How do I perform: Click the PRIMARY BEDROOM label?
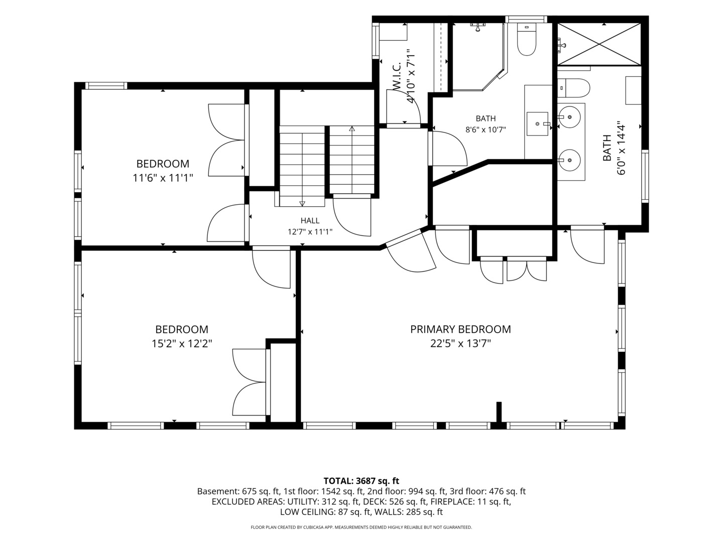pyautogui.click(x=460, y=329)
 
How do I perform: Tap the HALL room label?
pyautogui.click(x=310, y=220)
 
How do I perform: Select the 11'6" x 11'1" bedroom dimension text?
pyautogui.click(x=163, y=178)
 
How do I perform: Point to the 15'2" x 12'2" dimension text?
pyautogui.click(x=182, y=344)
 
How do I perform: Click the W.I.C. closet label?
pyautogui.click(x=396, y=76)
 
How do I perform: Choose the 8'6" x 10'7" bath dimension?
pyautogui.click(x=486, y=129)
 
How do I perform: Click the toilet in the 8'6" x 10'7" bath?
pyautogui.click(x=526, y=40)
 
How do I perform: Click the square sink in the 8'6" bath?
pyautogui.click(x=538, y=124)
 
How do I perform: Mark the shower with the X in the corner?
pyautogui.click(x=599, y=44)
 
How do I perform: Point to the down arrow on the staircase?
pyautogui.click(x=302, y=203)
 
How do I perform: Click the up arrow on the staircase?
pyautogui.click(x=352, y=128)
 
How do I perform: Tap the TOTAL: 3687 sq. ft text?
pyautogui.click(x=361, y=481)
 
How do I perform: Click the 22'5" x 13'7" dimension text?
pyautogui.click(x=460, y=344)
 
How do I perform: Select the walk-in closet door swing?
pyautogui.click(x=404, y=106)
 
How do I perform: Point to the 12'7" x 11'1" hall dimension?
pyautogui.click(x=310, y=232)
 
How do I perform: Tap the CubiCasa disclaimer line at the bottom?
pyautogui.click(x=361, y=527)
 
